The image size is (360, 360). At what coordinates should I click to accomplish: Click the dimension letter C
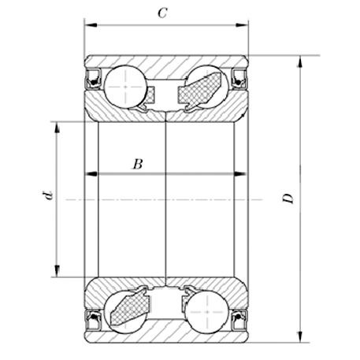tap(162, 13)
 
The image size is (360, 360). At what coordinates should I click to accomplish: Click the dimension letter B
tap(137, 165)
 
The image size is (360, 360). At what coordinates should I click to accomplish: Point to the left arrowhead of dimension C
tap(89, 27)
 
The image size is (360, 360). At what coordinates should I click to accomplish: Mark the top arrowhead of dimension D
tap(300, 60)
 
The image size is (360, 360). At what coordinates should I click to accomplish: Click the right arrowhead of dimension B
tap(237, 174)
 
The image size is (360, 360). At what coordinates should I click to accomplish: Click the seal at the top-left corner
tap(92, 77)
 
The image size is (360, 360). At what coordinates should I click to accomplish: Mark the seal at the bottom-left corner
tap(92, 319)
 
